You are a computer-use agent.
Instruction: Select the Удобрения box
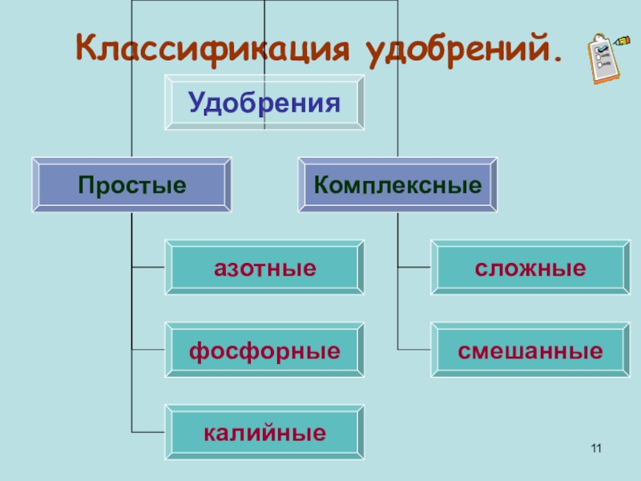coord(264,102)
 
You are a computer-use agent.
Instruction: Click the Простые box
coord(132,185)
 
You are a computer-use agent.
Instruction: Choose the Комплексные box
coord(397,185)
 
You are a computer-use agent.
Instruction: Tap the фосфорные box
coord(264,350)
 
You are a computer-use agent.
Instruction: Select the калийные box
coord(264,433)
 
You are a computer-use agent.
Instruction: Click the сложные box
coord(530,268)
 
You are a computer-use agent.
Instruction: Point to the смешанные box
coord(530,350)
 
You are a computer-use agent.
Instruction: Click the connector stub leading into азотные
coord(148,268)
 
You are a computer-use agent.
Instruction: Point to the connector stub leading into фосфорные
coord(148,350)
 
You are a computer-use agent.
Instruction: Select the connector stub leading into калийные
coord(148,433)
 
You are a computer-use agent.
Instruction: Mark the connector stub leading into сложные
coord(414,268)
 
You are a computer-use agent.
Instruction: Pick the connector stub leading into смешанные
coord(414,350)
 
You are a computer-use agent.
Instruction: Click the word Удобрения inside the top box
coord(264,103)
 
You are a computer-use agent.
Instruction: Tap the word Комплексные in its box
coord(397,186)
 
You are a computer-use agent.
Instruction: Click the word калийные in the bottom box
coord(264,434)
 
